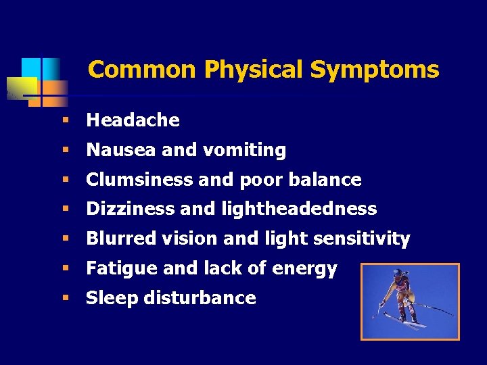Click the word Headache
[133, 120]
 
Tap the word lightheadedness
[299, 210]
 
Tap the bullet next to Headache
[66, 120]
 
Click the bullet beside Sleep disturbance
[66, 298]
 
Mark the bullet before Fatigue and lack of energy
[66, 269]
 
